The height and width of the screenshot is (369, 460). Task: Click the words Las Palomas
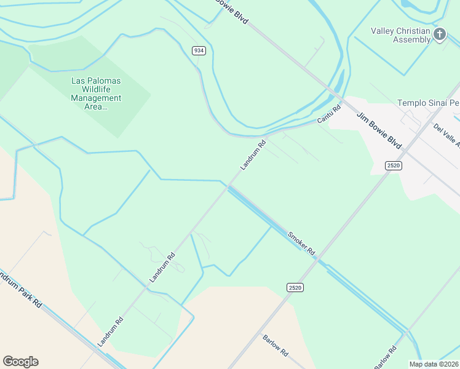tap(95, 80)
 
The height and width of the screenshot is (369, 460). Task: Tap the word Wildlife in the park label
tap(95, 89)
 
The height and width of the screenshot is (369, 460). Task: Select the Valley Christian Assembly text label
tap(400, 35)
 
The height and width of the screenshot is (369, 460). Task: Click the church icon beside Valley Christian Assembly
tap(439, 34)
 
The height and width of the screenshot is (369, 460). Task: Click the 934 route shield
tap(198, 50)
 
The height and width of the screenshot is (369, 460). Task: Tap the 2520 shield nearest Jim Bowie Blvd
tap(394, 165)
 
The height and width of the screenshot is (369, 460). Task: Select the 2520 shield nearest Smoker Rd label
tap(295, 287)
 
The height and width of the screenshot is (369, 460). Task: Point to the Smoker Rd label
tap(301, 243)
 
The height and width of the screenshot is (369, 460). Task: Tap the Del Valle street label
tap(447, 136)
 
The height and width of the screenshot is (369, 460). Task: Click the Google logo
tap(20, 362)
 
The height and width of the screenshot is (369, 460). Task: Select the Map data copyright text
tap(434, 364)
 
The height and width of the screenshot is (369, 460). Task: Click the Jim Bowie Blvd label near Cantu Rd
tap(379, 130)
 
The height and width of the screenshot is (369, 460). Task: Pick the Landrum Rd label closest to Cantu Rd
tap(253, 155)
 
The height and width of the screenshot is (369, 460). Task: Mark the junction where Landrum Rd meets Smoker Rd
tap(229, 186)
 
